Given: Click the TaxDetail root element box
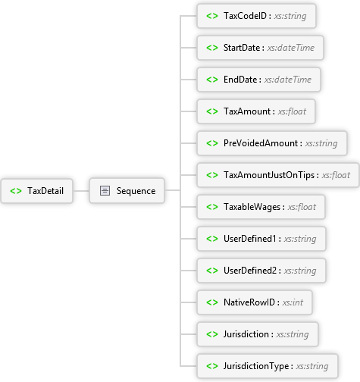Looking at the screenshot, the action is point(37,191).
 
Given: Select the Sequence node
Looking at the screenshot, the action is point(127,191).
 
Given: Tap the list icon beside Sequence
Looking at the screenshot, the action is point(105,191).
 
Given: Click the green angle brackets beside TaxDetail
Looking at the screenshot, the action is point(16,191).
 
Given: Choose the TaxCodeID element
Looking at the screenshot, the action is point(256,16).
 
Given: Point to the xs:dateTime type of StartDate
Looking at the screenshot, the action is point(291,48).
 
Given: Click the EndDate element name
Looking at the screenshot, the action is point(240,80).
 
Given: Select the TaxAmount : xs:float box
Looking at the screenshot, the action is point(256,111).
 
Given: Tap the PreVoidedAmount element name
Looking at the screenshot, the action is point(261,143).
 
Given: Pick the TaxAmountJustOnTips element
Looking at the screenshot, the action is point(278,175).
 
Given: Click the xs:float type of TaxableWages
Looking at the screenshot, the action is point(302,207).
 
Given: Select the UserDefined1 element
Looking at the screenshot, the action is point(261,239).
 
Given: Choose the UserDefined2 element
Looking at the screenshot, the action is point(261,271).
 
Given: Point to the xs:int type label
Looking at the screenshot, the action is point(293,302).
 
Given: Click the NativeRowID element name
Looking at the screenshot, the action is point(249,302).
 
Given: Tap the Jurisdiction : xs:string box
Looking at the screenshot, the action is point(258,334).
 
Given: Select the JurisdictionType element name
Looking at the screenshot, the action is point(256,366).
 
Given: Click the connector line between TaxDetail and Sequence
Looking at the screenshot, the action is point(81,191).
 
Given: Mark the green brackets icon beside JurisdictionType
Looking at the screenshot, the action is point(212,366).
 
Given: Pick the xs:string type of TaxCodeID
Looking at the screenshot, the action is point(290,16).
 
